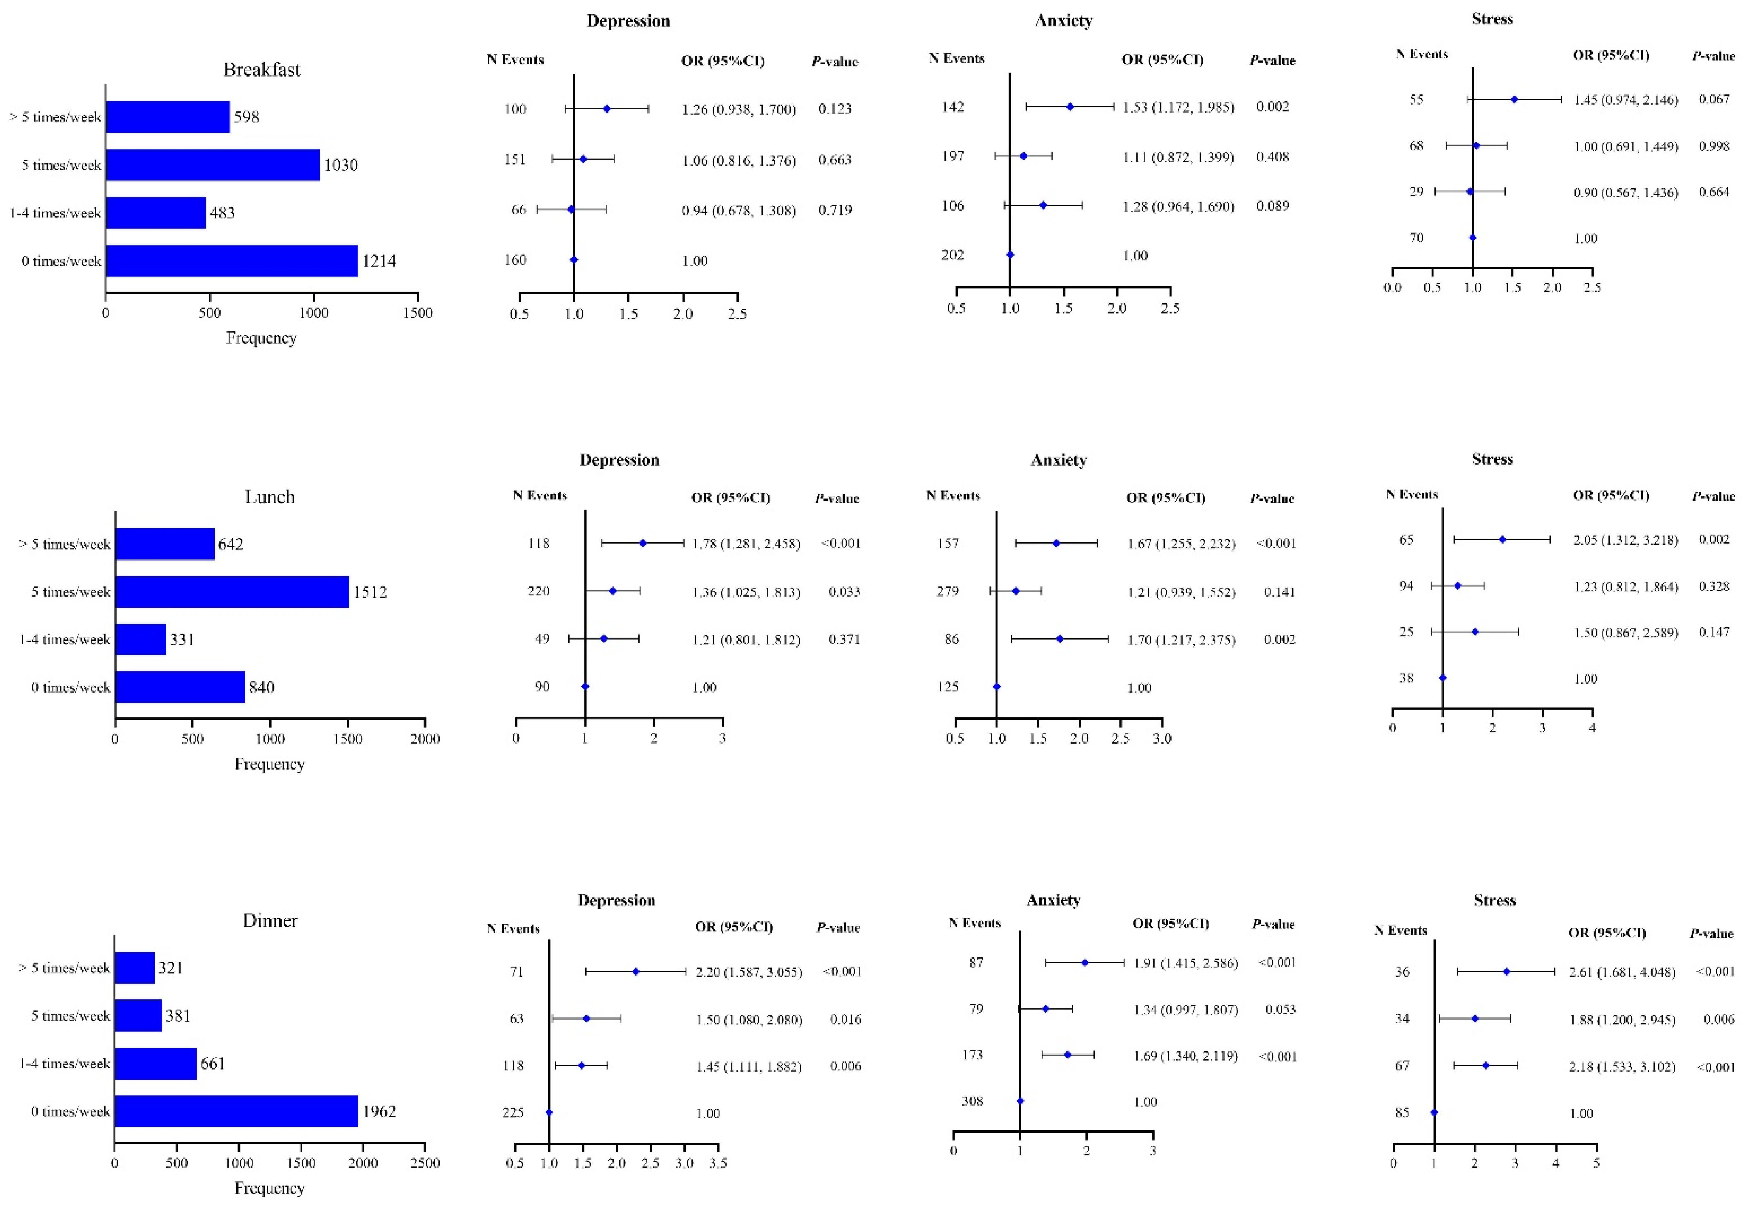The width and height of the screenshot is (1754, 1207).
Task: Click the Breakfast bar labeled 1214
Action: (x=231, y=261)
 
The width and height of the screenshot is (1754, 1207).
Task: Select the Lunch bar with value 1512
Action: (x=232, y=592)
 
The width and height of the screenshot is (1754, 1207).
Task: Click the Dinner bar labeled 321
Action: (x=135, y=968)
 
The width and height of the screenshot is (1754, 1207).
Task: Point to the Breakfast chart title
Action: (x=262, y=70)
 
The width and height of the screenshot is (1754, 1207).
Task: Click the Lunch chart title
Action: (x=269, y=497)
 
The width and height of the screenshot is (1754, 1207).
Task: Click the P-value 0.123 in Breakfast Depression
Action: (x=835, y=109)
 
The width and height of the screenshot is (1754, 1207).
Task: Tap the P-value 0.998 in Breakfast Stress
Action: (x=1714, y=146)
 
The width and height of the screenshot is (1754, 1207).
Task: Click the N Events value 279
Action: (x=947, y=591)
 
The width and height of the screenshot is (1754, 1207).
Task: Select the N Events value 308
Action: (x=972, y=1101)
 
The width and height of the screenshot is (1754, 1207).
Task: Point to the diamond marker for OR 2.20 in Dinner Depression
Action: (x=635, y=972)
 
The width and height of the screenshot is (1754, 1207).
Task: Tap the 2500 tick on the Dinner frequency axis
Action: (x=424, y=1163)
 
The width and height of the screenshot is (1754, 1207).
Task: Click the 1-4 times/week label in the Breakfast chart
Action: (x=55, y=213)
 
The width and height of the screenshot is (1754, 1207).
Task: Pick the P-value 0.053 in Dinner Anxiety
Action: (x=1280, y=1010)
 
